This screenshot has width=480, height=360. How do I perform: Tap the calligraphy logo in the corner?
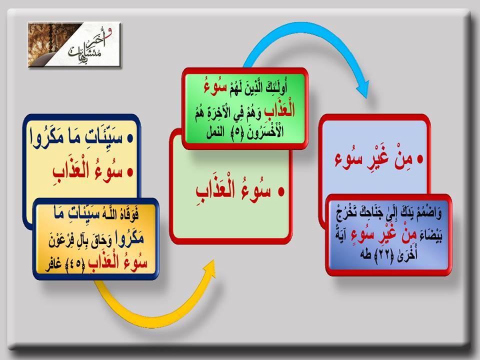point(74,44)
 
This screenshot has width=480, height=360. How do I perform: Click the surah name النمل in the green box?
point(215,133)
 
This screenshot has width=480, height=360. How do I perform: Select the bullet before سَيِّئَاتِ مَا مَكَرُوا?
point(130,138)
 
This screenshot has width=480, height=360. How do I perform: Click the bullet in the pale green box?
point(281,191)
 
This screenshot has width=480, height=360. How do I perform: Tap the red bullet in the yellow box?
point(130,172)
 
